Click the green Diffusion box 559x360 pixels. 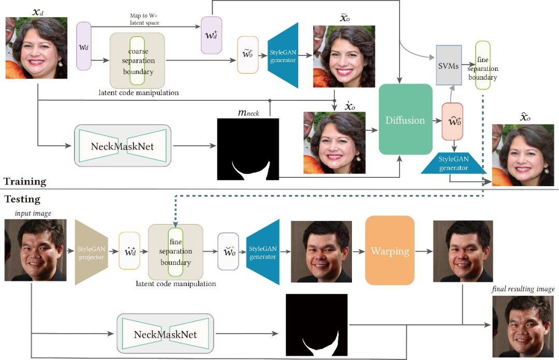tap(405, 119)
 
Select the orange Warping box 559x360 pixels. tap(390, 250)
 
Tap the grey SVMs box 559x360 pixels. tap(449, 65)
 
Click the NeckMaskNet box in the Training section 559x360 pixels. tap(122, 145)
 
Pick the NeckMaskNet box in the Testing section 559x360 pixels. tap(166, 334)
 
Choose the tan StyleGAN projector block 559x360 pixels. tap(91, 252)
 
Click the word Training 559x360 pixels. tap(25, 182)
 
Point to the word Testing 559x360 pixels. tap(22, 199)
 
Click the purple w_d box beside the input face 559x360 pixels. tap(84, 46)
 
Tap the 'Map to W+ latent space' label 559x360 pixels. tap(144, 19)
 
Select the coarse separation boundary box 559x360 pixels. tap(137, 61)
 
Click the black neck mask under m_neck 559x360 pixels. tap(248, 149)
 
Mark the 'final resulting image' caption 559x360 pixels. tap(523, 289)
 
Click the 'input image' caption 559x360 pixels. tap(33, 213)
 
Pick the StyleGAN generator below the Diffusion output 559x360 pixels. tap(453, 163)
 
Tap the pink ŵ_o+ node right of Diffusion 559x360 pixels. tap(452, 121)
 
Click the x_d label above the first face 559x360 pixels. tap(38, 12)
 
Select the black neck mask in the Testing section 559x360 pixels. tap(317, 325)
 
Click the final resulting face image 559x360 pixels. tap(523, 326)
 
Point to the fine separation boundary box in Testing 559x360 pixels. tap(175, 252)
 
